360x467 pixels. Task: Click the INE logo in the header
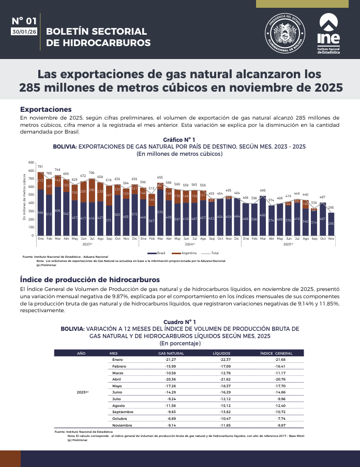328,34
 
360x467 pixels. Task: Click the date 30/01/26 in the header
24,32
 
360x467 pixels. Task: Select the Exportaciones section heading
46,109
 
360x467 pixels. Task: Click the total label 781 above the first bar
40,167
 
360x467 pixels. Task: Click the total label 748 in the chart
57,169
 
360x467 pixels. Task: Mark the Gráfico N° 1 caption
178,140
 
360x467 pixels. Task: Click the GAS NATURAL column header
171,353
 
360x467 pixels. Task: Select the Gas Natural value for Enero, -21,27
171,359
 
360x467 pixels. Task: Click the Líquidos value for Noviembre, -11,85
225,425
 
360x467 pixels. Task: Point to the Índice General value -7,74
280,418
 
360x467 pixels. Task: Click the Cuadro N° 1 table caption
179,322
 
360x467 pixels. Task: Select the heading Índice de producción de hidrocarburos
90,280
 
